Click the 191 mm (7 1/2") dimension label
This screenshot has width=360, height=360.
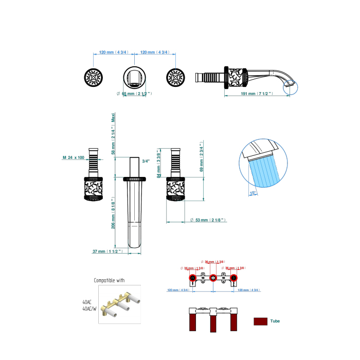click(255, 94)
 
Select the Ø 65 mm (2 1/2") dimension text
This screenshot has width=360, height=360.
click(134, 94)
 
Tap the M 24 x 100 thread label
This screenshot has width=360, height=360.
click(73, 157)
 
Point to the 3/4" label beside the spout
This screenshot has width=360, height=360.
click(146, 161)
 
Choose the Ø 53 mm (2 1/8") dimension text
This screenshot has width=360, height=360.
click(208, 221)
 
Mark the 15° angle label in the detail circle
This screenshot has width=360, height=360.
click(253, 193)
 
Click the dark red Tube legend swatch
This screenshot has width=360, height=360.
click(261, 321)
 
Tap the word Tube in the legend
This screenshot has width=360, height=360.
click(275, 321)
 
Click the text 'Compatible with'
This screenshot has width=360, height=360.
click(109, 281)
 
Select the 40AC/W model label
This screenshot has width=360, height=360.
click(91, 309)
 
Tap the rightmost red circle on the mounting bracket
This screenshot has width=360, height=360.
click(234, 278)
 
